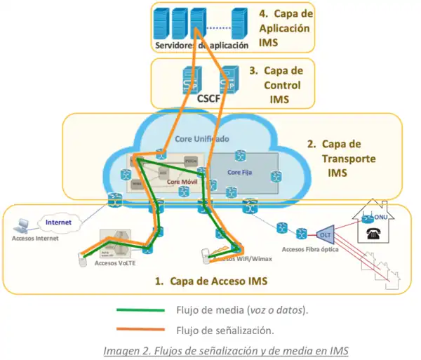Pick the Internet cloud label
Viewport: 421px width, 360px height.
[58, 222]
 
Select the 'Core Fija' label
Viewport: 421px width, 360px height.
[241, 171]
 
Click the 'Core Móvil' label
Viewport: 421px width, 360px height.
[181, 182]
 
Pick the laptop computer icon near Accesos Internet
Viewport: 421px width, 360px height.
[23, 225]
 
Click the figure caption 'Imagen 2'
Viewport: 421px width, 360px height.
[225, 350]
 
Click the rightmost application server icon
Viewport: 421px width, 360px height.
[240, 24]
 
